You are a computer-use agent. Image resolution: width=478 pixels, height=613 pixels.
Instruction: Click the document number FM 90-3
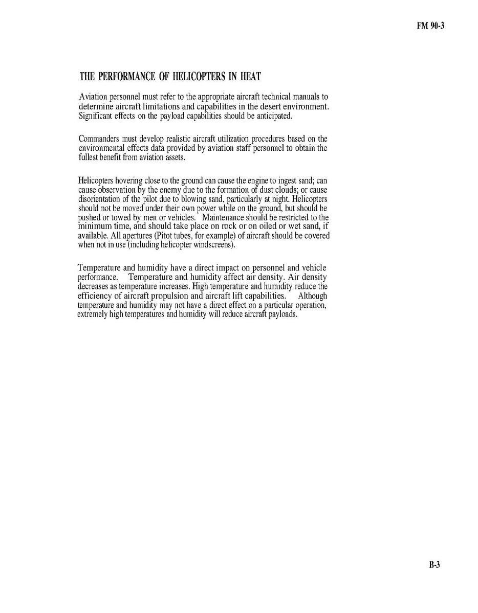click(x=429, y=27)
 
